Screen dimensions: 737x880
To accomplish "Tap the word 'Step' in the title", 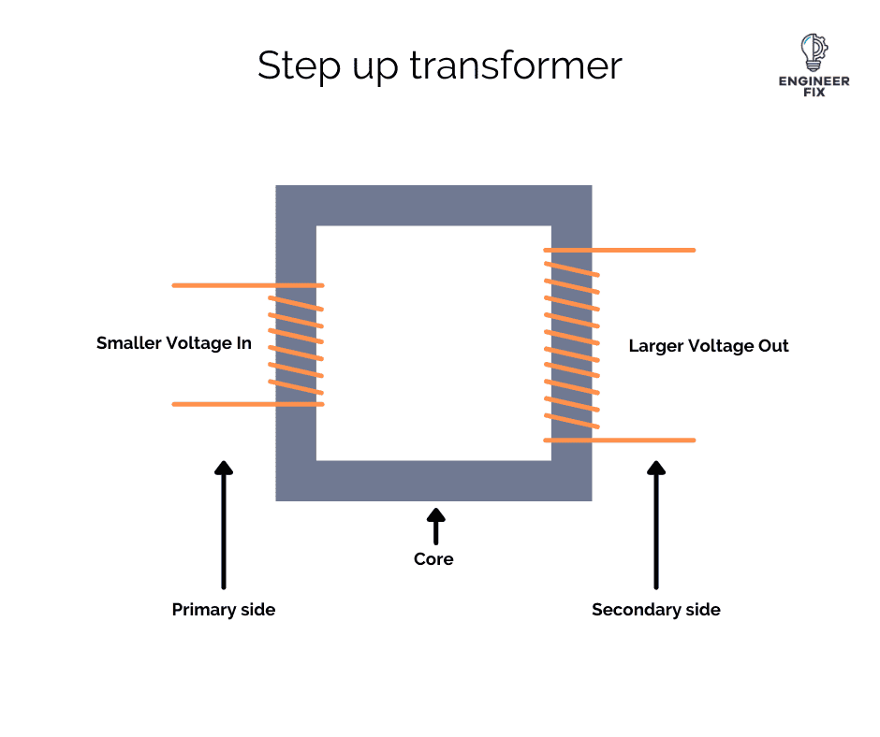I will tap(292, 66).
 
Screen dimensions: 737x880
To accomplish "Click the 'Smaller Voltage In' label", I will tap(174, 343).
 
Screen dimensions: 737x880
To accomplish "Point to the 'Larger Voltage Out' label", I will tap(709, 346).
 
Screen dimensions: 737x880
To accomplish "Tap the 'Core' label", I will tap(433, 559).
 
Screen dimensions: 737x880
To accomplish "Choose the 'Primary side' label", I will tap(224, 610).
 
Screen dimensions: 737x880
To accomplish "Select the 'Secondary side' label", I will tap(656, 610).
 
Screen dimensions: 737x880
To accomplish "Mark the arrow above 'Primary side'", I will tap(224, 524).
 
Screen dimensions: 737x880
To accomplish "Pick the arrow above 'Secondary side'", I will tap(656, 524).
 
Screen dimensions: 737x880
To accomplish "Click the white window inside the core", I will tap(433, 343).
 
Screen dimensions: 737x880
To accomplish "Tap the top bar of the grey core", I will tap(433, 205).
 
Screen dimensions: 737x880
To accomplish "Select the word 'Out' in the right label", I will tap(773, 346).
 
